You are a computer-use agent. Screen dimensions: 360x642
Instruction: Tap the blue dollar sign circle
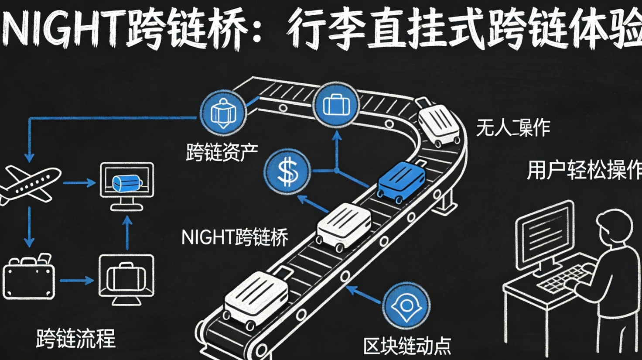pyautogui.click(x=287, y=171)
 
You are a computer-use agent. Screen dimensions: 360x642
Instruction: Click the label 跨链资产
pyautogui.click(x=222, y=152)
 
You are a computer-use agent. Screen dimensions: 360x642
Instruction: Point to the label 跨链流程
pyautogui.click(x=75, y=339)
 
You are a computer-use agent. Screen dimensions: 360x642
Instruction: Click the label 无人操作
pyautogui.click(x=512, y=128)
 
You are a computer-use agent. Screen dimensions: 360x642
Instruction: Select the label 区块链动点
pyautogui.click(x=407, y=346)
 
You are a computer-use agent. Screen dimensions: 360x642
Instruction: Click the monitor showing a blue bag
pyautogui.click(x=127, y=185)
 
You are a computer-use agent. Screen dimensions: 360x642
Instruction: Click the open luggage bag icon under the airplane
pyautogui.click(x=29, y=277)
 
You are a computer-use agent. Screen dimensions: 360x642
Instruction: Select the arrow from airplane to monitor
pyautogui.click(x=79, y=183)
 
